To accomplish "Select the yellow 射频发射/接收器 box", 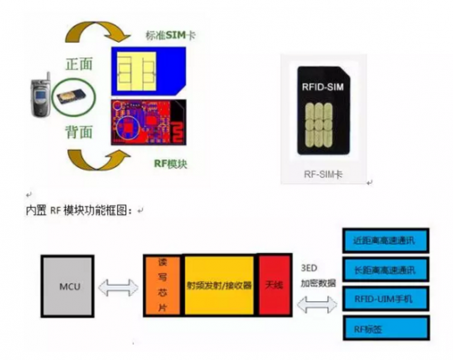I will point(219,285).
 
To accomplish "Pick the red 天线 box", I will point(274,285).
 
